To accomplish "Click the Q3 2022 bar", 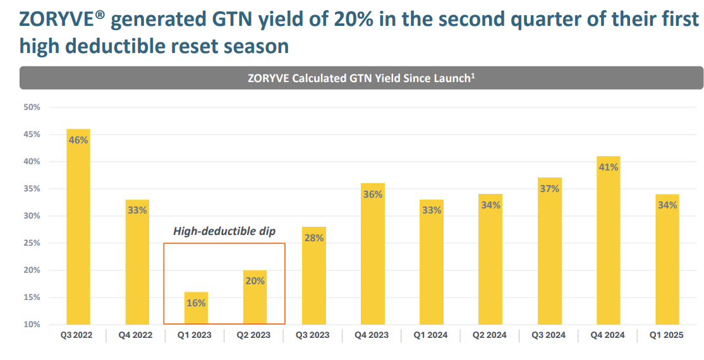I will pos(78,227).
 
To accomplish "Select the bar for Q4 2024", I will pos(608,240).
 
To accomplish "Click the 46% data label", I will pos(78,140).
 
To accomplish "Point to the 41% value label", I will pos(608,167).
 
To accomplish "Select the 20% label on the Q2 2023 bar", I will pos(255,281).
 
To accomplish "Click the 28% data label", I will pos(314,237).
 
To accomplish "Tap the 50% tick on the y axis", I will pos(32,107).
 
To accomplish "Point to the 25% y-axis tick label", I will pos(32,243).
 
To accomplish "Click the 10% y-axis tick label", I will pos(32,325).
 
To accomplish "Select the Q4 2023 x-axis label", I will pos(373,335).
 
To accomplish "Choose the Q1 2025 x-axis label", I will pos(667,335).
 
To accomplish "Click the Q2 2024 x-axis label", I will pos(490,335).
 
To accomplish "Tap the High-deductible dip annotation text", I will pos(224,232).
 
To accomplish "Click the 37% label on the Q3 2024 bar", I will pos(549,189).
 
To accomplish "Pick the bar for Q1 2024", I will pos(432,262).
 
